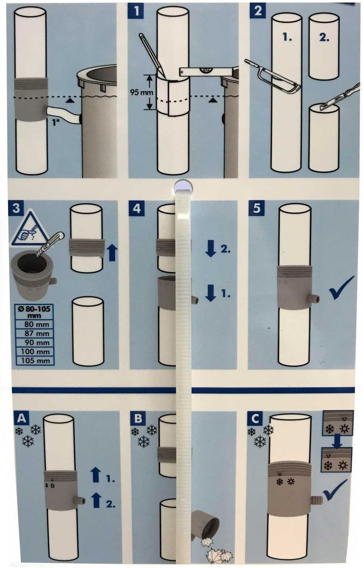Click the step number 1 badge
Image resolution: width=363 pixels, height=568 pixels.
[x=137, y=11]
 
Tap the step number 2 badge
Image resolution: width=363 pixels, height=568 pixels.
[x=258, y=11]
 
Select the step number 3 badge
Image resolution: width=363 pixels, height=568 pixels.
[x=16, y=208]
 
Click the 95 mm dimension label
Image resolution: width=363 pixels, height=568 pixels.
[x=142, y=92]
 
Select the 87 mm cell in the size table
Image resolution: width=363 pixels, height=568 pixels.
[x=35, y=333]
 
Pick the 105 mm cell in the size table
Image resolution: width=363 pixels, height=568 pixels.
[x=35, y=361]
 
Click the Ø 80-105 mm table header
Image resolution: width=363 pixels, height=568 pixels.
[x=35, y=312]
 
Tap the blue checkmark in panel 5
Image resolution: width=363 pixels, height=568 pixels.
[x=342, y=288]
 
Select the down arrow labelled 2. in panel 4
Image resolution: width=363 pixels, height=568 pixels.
[x=210, y=249]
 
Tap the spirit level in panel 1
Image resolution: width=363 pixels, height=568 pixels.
[x=206, y=71]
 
